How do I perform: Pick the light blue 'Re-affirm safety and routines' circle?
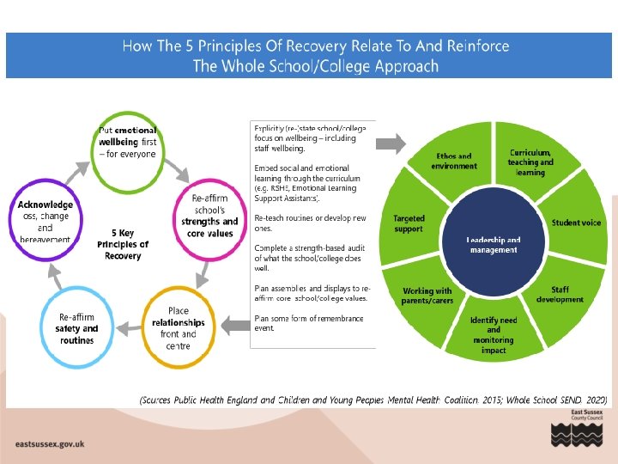click(x=77, y=327)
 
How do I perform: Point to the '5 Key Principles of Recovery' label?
click(x=123, y=244)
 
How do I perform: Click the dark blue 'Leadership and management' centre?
click(x=494, y=245)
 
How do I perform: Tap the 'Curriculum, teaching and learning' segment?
click(x=530, y=162)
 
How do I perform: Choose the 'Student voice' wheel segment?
click(x=576, y=223)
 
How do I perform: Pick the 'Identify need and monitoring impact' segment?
click(x=494, y=334)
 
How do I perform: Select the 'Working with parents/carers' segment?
click(x=427, y=296)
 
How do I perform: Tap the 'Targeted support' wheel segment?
click(x=409, y=224)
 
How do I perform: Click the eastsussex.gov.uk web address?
click(x=50, y=444)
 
